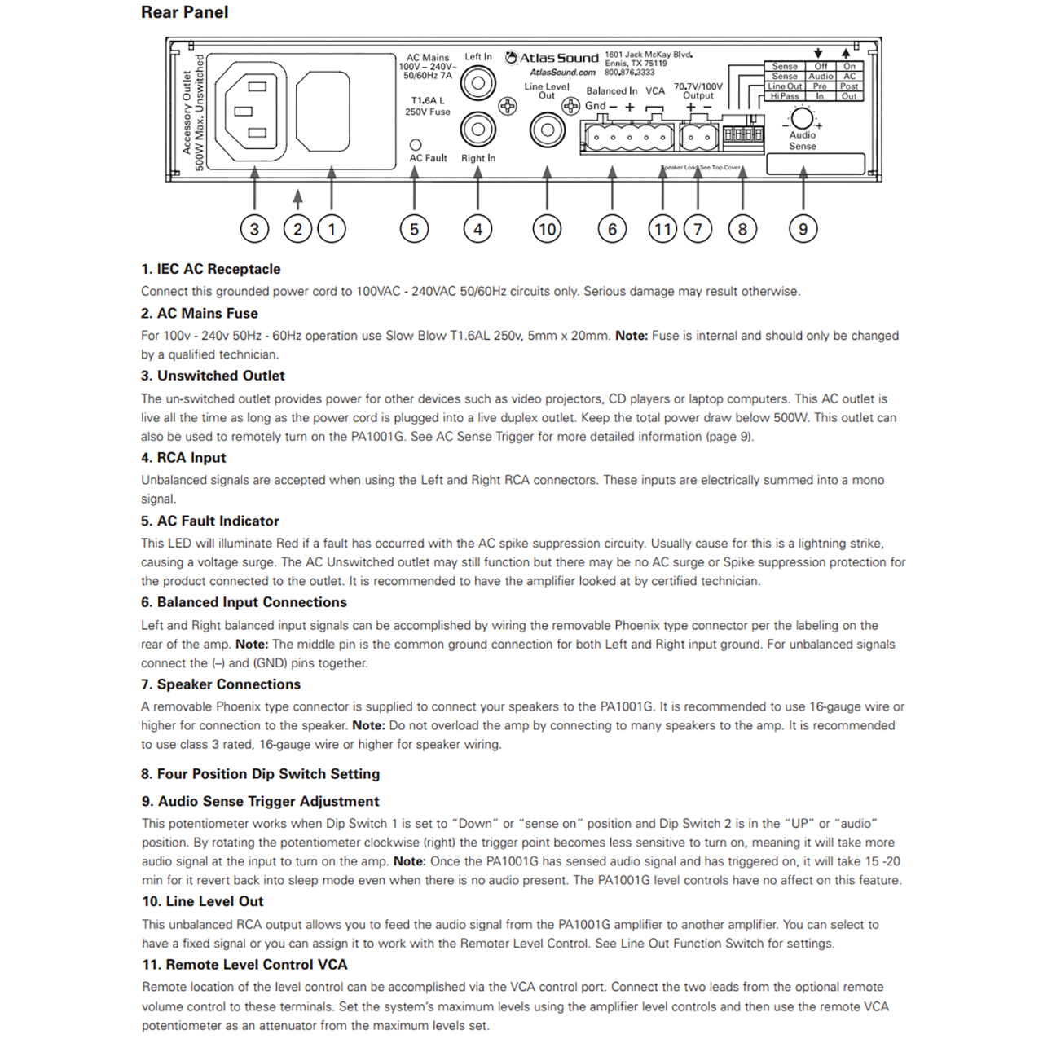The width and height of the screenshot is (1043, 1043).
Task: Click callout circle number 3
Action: (254, 229)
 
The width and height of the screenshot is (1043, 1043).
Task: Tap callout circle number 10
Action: (547, 229)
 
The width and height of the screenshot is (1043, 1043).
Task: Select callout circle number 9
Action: (803, 229)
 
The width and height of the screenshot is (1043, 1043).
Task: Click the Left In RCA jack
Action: (478, 82)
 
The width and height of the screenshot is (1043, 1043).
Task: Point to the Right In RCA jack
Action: (478, 129)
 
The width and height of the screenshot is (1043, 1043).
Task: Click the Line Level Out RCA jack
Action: (547, 130)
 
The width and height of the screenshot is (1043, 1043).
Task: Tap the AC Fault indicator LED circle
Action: (416, 145)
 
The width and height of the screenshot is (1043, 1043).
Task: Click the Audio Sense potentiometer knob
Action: (802, 118)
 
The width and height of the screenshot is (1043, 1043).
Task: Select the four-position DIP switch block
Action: (743, 134)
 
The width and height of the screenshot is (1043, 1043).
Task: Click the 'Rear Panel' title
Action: (184, 12)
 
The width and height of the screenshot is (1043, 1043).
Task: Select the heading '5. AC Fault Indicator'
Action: (209, 521)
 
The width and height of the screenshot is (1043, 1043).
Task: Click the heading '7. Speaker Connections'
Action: (220, 684)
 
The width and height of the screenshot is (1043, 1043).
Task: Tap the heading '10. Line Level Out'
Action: (202, 901)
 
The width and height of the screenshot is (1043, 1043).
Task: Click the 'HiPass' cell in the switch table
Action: (785, 96)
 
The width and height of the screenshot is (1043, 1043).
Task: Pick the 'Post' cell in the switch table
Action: (849, 86)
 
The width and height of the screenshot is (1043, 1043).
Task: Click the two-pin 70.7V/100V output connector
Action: (698, 137)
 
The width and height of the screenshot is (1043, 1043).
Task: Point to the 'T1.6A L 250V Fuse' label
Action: (428, 106)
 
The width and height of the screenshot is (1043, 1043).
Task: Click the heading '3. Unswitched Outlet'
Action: (213, 376)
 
